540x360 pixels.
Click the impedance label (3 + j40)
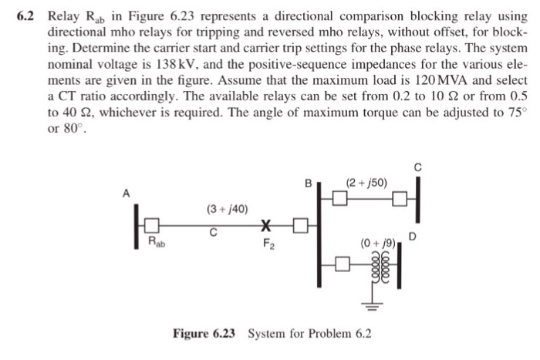coord(228,209)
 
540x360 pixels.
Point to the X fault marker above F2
coord(267,225)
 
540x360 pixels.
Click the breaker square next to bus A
coord(153,225)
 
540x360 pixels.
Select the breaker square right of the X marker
coord(300,225)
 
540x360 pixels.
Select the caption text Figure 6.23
coord(206,333)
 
